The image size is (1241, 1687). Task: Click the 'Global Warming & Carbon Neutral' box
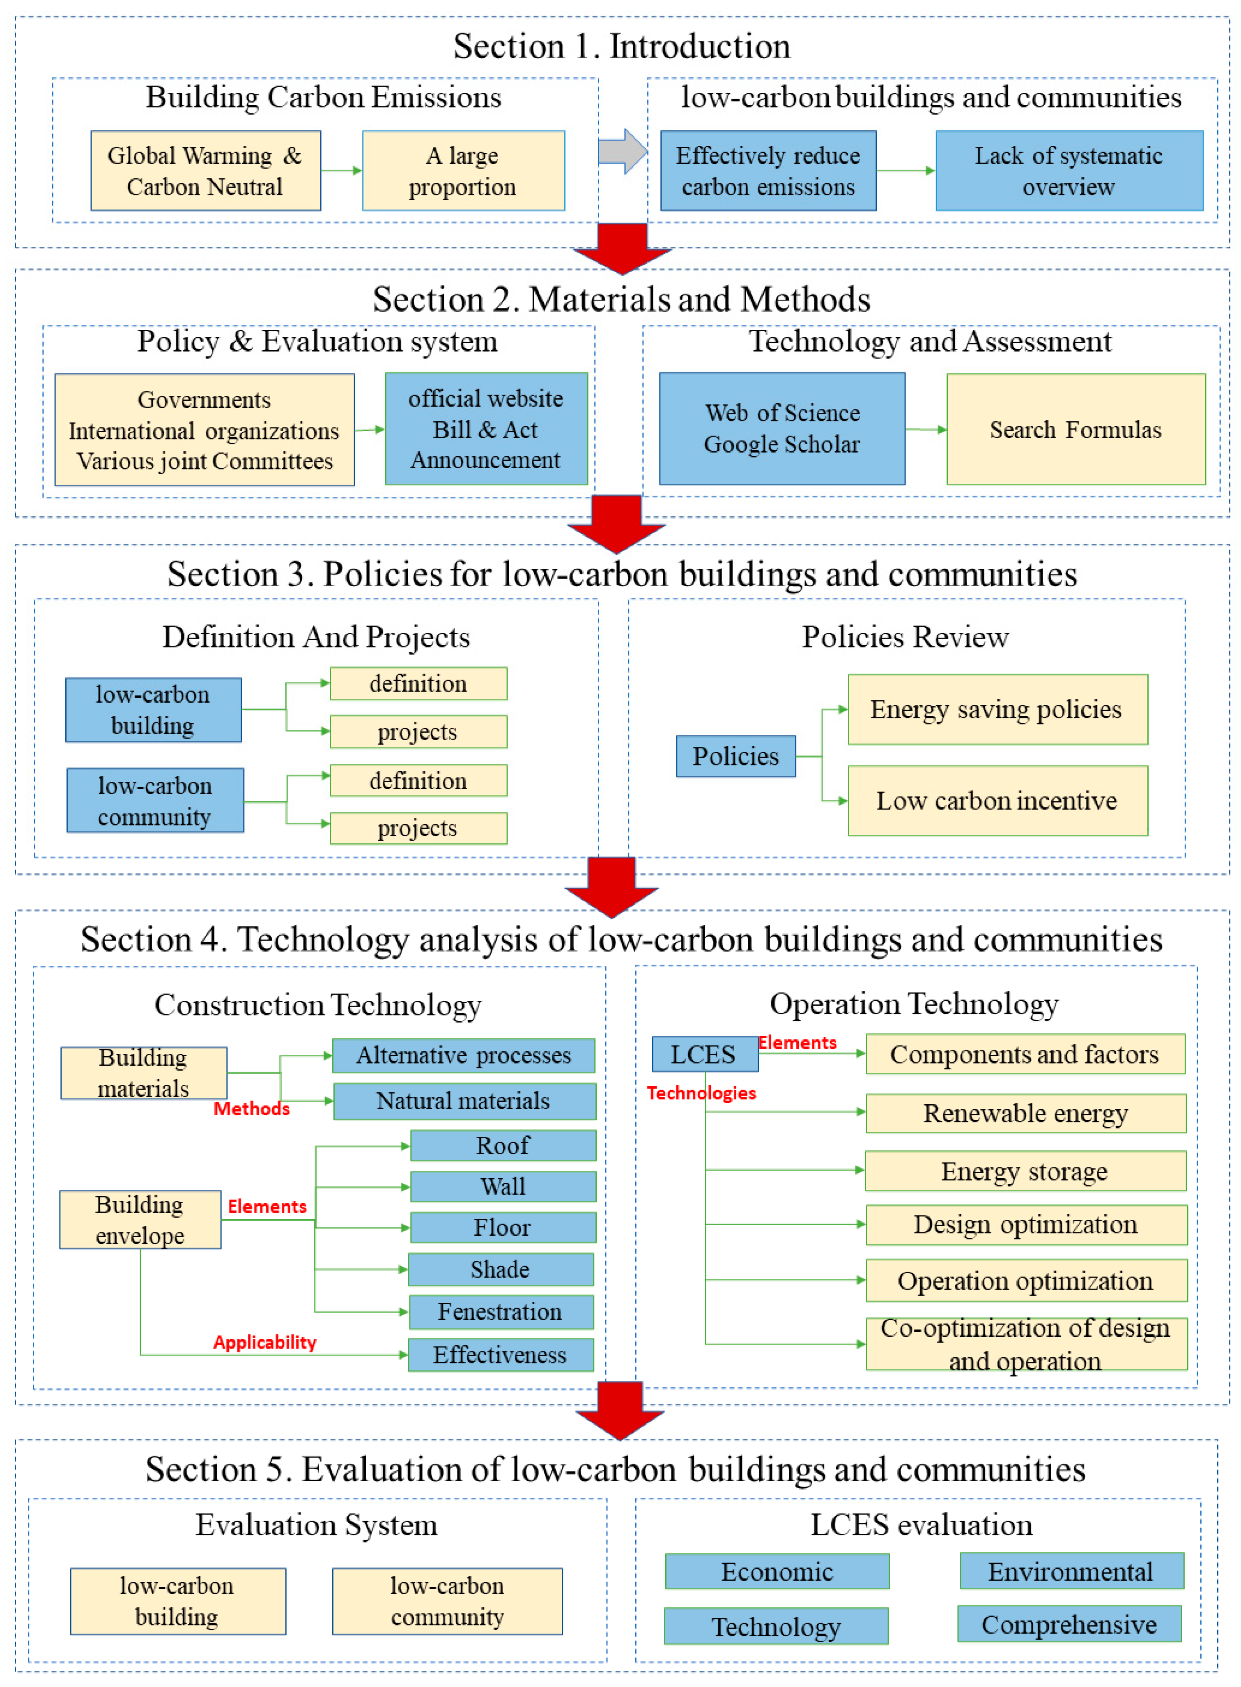click(205, 170)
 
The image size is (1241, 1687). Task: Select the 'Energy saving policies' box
click(997, 709)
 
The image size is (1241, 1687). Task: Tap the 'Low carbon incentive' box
click(997, 801)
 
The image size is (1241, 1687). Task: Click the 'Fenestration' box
click(500, 1311)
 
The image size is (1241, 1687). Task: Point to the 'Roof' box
click(503, 1145)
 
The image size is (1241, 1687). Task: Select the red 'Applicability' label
click(264, 1342)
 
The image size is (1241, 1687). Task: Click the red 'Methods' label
click(251, 1109)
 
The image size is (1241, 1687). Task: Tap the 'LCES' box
click(704, 1054)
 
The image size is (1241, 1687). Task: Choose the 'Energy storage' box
click(1025, 1171)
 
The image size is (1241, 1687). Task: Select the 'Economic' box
click(777, 1571)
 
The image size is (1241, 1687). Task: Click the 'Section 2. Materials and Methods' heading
click(621, 299)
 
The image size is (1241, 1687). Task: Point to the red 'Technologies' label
click(701, 1093)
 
